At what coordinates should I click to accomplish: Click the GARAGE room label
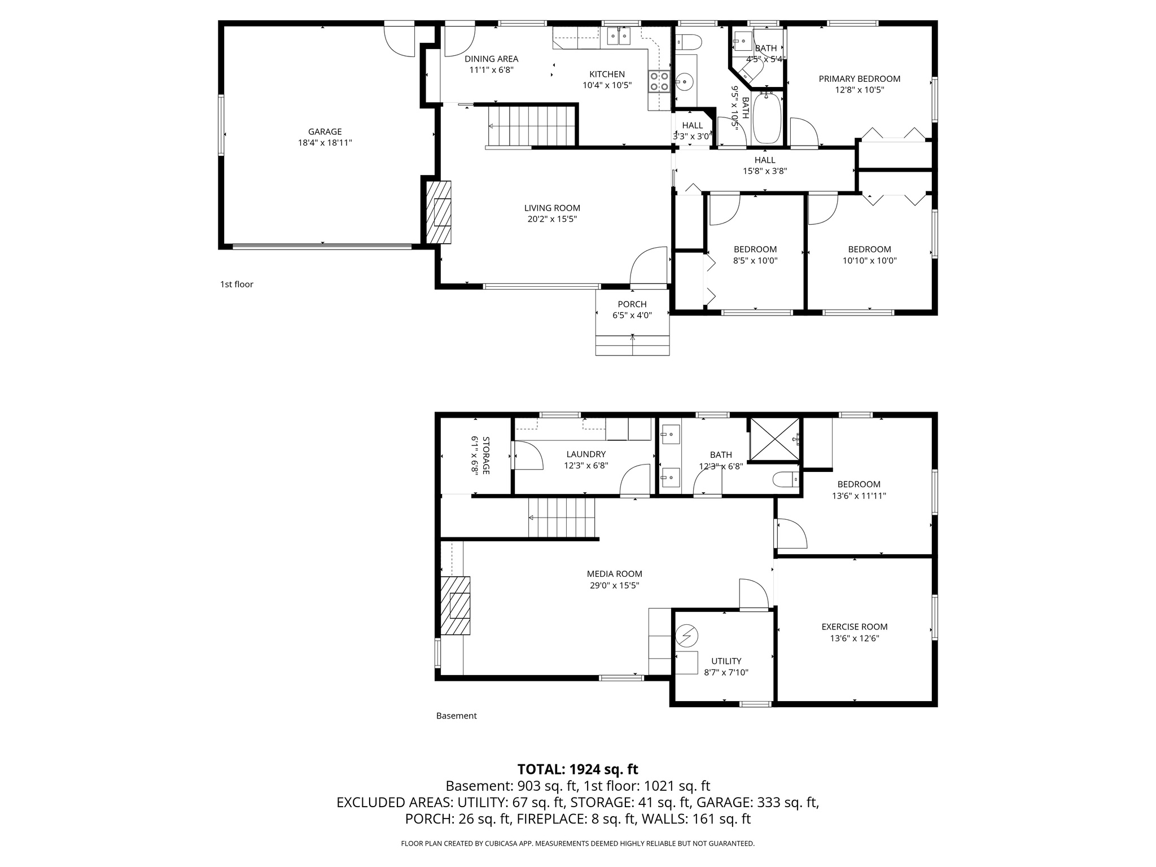coord(325,132)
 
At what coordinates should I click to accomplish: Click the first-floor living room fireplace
coord(439,212)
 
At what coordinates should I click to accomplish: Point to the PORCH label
coord(632,304)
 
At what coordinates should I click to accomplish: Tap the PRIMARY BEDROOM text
coord(859,79)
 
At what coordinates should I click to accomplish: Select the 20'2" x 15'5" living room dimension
coord(552,219)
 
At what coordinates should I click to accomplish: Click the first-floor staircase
coord(532,126)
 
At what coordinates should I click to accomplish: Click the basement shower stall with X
coord(774,439)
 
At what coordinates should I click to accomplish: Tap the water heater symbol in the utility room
coord(687,636)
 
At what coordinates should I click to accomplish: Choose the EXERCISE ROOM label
coord(854,627)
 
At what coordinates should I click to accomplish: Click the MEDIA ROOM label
coord(614,574)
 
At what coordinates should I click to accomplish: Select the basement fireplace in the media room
coord(455,606)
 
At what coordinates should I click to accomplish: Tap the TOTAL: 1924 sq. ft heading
coord(577,769)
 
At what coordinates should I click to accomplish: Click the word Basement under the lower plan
coord(456,716)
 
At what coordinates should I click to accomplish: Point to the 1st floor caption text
coord(237,284)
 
